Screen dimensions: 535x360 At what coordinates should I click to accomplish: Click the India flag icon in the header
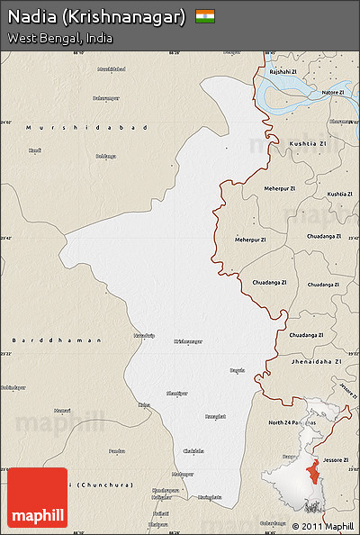click(x=205, y=16)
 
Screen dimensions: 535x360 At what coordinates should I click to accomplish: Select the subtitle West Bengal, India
click(x=59, y=38)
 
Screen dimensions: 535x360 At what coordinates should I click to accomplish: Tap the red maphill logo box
click(x=38, y=497)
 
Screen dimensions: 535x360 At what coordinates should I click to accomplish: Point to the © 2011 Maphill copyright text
click(x=323, y=526)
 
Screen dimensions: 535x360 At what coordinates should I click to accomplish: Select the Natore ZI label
click(x=332, y=92)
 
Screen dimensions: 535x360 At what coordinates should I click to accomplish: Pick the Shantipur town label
click(x=178, y=394)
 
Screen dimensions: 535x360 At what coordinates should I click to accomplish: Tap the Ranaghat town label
click(x=215, y=416)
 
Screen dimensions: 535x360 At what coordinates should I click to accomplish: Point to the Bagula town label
click(x=238, y=370)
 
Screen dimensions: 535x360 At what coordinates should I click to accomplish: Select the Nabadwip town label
click(x=144, y=335)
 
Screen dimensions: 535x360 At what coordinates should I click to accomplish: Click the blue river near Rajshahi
click(x=288, y=91)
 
